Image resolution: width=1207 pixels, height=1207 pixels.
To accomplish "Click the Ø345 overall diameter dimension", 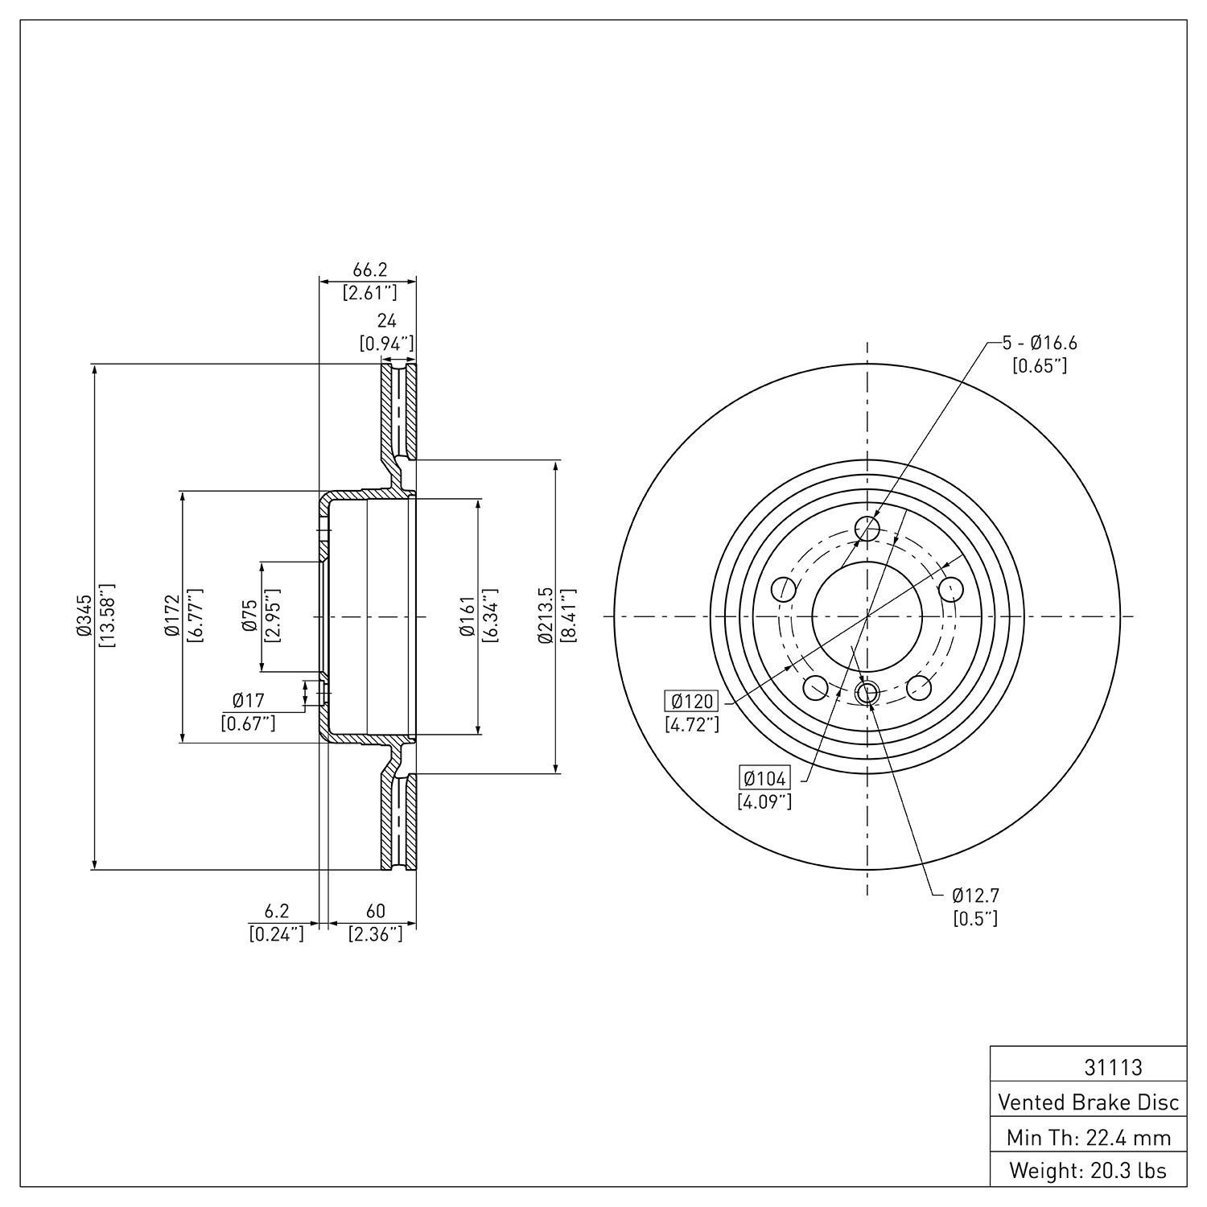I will (84, 616).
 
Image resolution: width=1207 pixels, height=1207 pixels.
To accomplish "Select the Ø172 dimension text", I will (171, 616).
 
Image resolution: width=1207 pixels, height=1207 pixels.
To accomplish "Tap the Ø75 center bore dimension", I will (250, 616).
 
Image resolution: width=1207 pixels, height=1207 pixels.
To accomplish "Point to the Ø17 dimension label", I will (248, 701).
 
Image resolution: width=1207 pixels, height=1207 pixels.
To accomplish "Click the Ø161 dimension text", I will (467, 616).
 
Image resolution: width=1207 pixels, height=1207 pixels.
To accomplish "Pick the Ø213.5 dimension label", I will (546, 616).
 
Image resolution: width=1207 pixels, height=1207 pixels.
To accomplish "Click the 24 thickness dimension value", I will (387, 322).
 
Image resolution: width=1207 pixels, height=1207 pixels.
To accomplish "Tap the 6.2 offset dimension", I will (276, 911).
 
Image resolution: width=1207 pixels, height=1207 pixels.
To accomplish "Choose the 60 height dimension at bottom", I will (375, 911).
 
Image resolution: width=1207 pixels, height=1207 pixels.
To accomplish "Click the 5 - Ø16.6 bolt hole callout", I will (1039, 343).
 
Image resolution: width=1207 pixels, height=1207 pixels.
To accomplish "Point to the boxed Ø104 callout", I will (765, 778).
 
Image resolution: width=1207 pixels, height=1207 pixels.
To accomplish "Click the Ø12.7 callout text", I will (975, 895).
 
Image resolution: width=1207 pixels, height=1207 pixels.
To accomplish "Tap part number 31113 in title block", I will (1113, 1067).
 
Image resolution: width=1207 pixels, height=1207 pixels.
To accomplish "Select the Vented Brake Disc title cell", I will (1089, 1102).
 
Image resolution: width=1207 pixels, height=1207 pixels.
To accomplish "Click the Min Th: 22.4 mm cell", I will (1089, 1137).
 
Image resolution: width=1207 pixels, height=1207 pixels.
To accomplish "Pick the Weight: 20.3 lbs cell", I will (1089, 1170).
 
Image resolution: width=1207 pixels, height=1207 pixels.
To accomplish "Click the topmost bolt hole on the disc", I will (867, 529).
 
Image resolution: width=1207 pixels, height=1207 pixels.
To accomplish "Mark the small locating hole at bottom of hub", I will (867, 693).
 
